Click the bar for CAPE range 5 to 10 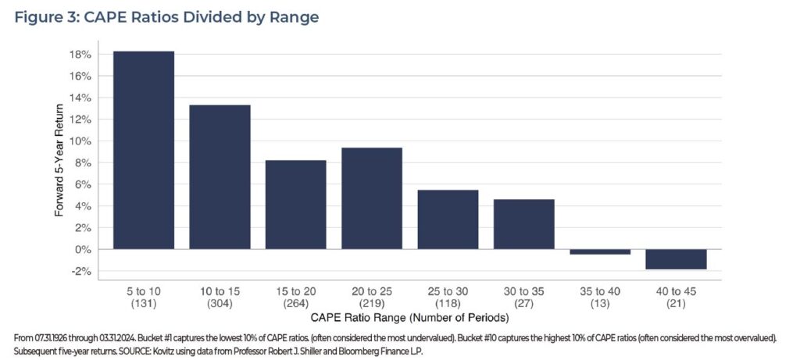pos(144,150)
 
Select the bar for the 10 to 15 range pos(220,176)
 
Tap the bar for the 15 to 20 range pos(295,205)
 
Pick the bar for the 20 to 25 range pos(372,198)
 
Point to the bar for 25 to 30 pos(448,219)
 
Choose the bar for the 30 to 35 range pos(524,224)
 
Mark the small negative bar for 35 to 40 pos(600,251)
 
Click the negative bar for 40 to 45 pos(677,259)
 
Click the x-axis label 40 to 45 pos(677,290)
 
